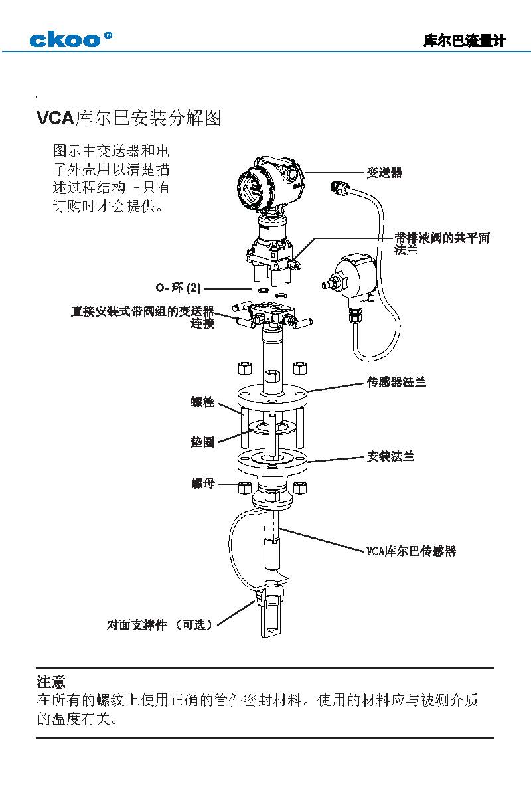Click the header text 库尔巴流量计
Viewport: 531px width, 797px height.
464,41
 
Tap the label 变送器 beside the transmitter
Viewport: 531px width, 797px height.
384,173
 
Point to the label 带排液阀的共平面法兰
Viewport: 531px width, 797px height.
441,244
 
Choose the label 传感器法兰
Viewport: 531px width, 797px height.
396,382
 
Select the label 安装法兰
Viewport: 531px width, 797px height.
390,456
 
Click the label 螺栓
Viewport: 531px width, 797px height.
203,402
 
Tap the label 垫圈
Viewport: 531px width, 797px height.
203,442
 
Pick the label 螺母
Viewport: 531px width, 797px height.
203,484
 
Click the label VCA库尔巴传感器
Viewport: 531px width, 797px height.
411,551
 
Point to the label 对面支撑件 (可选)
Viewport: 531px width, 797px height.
160,625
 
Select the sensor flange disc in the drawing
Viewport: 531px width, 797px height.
272,398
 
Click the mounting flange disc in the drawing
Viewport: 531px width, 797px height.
272,460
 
